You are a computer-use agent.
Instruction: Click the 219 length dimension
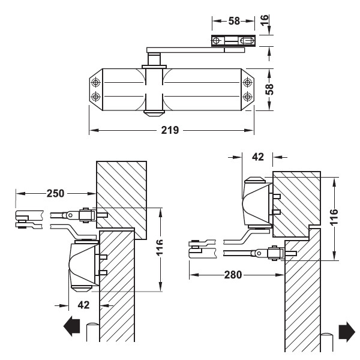[170, 130]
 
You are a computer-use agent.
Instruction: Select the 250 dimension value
[55, 193]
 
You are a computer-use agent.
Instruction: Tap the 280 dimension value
[233, 275]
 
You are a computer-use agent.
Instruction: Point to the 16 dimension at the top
[265, 20]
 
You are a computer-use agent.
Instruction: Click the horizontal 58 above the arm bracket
[234, 21]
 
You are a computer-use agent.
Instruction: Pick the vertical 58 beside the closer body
[269, 89]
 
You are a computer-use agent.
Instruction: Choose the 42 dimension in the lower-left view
[83, 305]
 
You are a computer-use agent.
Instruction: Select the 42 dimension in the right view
[258, 157]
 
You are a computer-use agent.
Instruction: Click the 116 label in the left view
[159, 247]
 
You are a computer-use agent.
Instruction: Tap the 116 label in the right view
[334, 217]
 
